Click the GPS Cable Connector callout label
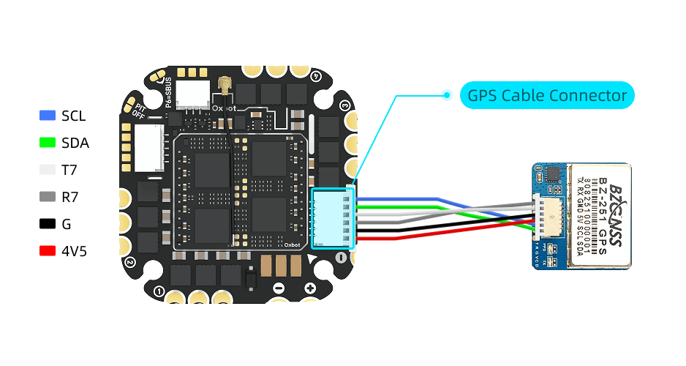coord(547,95)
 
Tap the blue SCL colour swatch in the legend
coord(48,116)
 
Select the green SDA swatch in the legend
coord(48,143)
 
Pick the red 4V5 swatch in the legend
coord(48,251)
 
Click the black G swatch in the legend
coord(48,224)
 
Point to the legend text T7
coord(70,170)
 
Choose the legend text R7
coord(71,197)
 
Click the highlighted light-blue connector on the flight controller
coord(332,218)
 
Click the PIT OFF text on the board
coord(138,109)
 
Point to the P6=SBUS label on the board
coord(168,92)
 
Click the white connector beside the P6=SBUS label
coord(195,94)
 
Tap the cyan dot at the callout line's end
coord(447,94)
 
